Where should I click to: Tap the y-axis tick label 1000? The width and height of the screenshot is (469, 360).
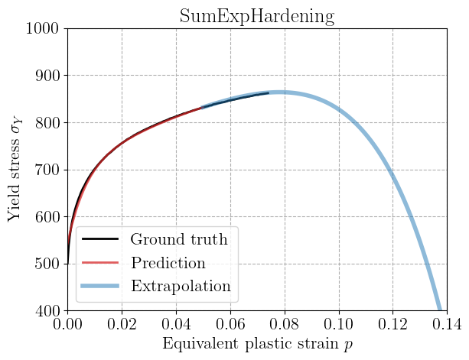point(44,29)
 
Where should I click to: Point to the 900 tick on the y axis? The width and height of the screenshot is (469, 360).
point(49,76)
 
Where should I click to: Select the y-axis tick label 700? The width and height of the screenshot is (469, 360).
point(49,170)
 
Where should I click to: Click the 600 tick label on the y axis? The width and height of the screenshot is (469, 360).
point(49,217)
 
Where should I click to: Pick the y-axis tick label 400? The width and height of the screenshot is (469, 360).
point(49,311)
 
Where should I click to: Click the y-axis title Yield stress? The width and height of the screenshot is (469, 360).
point(15,170)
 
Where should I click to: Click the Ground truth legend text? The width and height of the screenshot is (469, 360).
point(178,240)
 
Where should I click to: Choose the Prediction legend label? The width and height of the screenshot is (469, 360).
point(168,263)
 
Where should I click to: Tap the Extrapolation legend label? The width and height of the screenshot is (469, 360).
point(180,287)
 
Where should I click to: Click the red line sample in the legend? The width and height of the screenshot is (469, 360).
point(99,264)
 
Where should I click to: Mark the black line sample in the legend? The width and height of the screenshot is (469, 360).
point(99,240)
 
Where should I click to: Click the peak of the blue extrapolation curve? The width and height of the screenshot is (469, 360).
point(277,92)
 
